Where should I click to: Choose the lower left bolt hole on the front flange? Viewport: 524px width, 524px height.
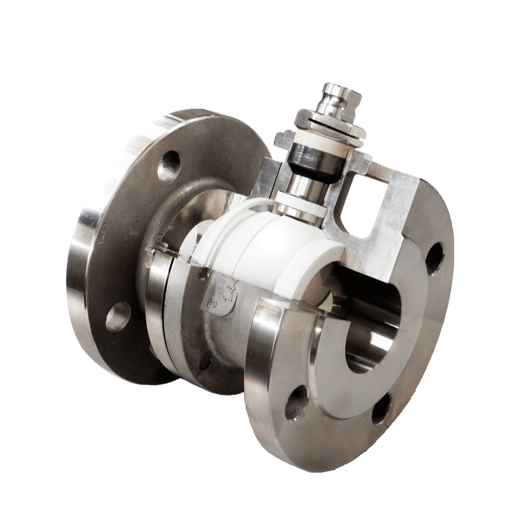296,400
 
